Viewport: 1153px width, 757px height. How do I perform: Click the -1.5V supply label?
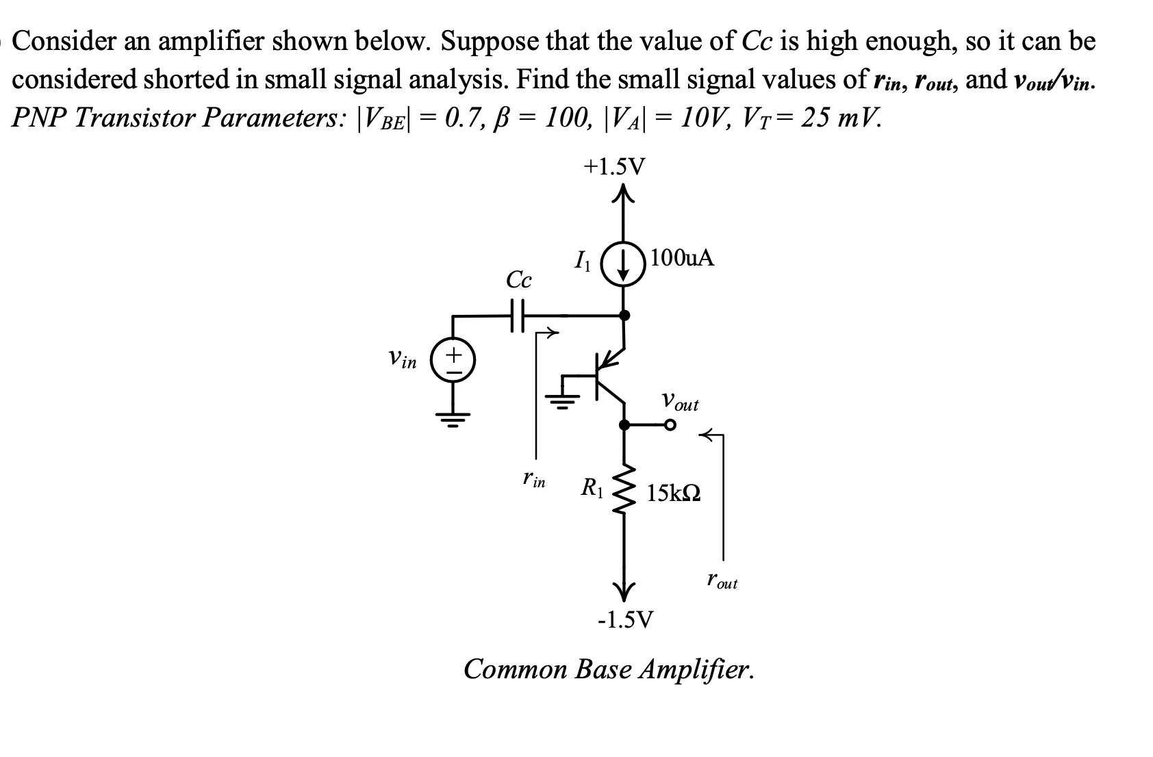625,619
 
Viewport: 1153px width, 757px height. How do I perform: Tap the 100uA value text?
683,258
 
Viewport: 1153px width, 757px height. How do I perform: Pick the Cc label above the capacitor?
518,280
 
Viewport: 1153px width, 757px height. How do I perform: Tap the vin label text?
402,359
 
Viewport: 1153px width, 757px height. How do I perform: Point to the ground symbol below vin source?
453,416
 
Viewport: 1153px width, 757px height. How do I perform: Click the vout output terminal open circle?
670,425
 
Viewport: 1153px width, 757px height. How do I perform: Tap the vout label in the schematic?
679,402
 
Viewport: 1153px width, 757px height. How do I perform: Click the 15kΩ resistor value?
674,493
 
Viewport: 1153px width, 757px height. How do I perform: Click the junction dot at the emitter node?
624,316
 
